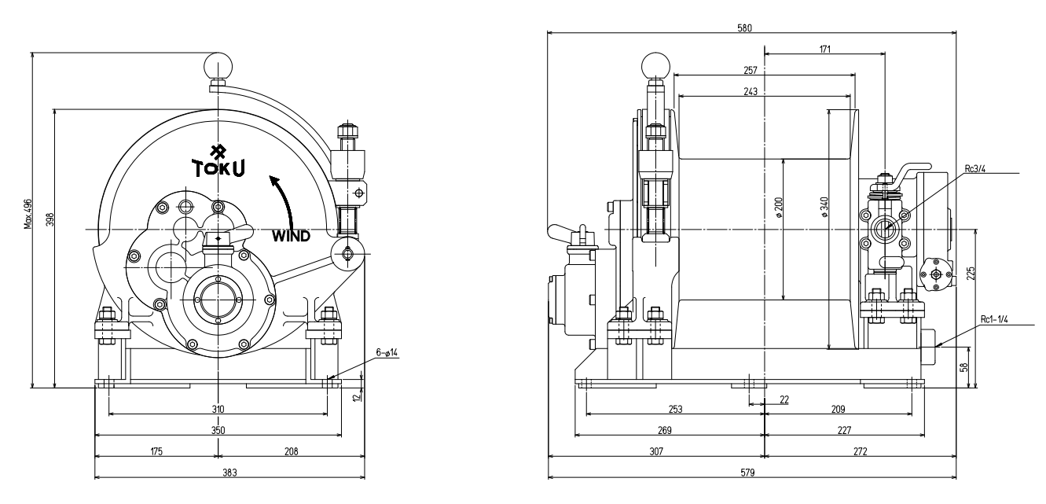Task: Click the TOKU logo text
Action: point(218,167)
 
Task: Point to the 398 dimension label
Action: point(49,219)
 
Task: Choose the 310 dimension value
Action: point(218,408)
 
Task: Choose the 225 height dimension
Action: point(971,273)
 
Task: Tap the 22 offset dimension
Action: point(784,399)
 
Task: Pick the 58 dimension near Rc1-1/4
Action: point(965,368)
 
